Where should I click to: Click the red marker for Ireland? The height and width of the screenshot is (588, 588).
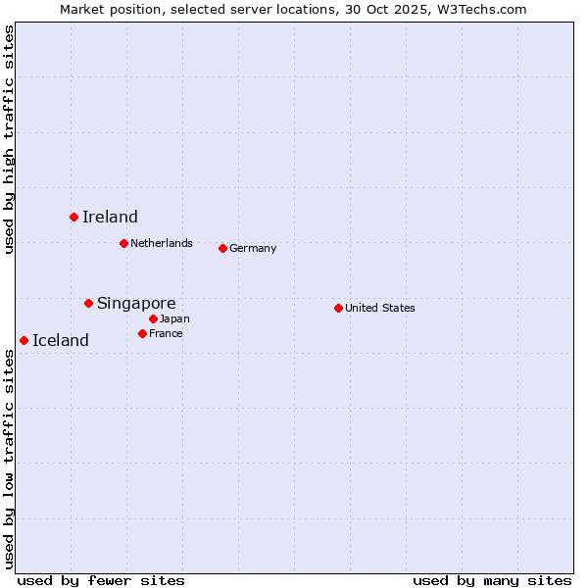[x=73, y=217]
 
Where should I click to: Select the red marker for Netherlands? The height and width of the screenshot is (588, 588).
[x=123, y=243]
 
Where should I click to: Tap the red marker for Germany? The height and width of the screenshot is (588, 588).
[x=222, y=248]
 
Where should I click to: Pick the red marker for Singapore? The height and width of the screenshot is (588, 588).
[x=88, y=303]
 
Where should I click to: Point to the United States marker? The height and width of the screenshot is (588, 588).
[x=338, y=308]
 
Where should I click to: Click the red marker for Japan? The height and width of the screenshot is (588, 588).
[x=153, y=318]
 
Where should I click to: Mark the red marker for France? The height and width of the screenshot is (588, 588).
[x=142, y=333]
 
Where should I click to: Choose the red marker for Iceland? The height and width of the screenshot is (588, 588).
[x=24, y=340]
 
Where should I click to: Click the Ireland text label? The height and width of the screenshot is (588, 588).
[x=110, y=217]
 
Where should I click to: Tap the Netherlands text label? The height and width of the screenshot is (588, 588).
[x=162, y=243]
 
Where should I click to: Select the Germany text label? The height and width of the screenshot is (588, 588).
[x=253, y=248]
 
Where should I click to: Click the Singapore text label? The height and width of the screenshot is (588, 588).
[x=136, y=303]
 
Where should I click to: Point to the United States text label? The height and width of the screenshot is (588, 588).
[x=380, y=308]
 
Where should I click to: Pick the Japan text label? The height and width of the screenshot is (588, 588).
[x=174, y=318]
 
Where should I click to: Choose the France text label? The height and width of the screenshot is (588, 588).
[x=166, y=333]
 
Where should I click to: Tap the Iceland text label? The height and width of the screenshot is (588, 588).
[x=61, y=340]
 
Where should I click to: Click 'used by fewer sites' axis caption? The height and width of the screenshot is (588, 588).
[x=101, y=580]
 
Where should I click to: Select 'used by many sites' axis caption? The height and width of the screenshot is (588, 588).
[x=492, y=580]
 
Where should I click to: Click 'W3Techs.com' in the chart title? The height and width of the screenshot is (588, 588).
[x=482, y=9]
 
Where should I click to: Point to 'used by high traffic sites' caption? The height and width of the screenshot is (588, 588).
[x=9, y=139]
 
